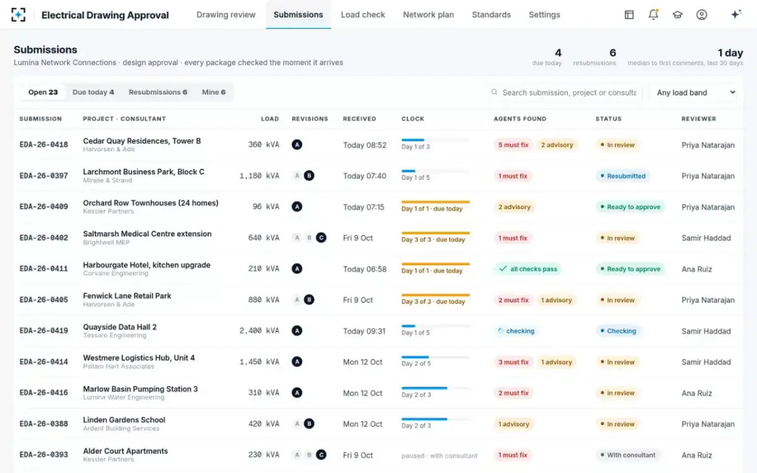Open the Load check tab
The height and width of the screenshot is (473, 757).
point(363,15)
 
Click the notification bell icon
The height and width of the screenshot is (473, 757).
point(654,15)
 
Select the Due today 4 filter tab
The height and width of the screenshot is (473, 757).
point(93,92)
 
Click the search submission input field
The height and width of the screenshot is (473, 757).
point(569,92)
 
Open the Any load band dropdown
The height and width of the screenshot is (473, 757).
point(695,92)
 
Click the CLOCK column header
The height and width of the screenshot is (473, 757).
point(413,119)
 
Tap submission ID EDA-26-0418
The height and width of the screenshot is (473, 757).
point(44,144)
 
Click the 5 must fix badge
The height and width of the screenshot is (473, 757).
point(513,145)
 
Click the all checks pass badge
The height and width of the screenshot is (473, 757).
point(528,269)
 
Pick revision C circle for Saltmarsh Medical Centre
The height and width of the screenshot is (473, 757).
point(321,238)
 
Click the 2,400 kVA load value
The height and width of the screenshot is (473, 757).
point(259,330)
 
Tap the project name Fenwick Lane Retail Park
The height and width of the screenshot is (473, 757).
point(127,296)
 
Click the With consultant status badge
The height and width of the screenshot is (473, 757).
point(628,455)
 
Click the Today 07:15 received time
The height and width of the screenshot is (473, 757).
point(363,207)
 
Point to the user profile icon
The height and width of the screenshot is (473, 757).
point(701,15)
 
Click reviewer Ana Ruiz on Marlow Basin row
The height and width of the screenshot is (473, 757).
point(697,393)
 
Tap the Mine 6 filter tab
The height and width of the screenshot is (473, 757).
point(214,92)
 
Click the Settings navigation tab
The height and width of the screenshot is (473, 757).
point(544,15)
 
